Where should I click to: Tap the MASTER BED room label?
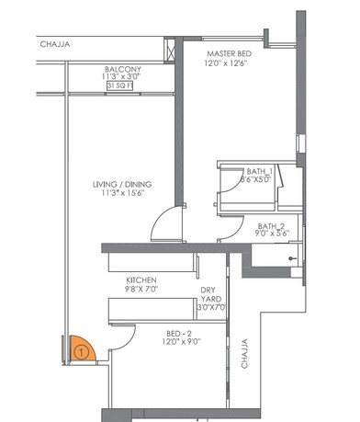pyautogui.click(x=228, y=55)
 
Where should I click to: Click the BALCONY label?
pyautogui.click(x=122, y=69)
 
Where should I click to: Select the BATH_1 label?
pyautogui.click(x=262, y=171)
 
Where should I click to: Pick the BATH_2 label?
pyautogui.click(x=273, y=224)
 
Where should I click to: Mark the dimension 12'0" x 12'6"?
pyautogui.click(x=228, y=64)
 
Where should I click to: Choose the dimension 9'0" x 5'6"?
pyautogui.click(x=273, y=234)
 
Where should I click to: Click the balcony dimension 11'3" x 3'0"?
pyautogui.click(x=122, y=77)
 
